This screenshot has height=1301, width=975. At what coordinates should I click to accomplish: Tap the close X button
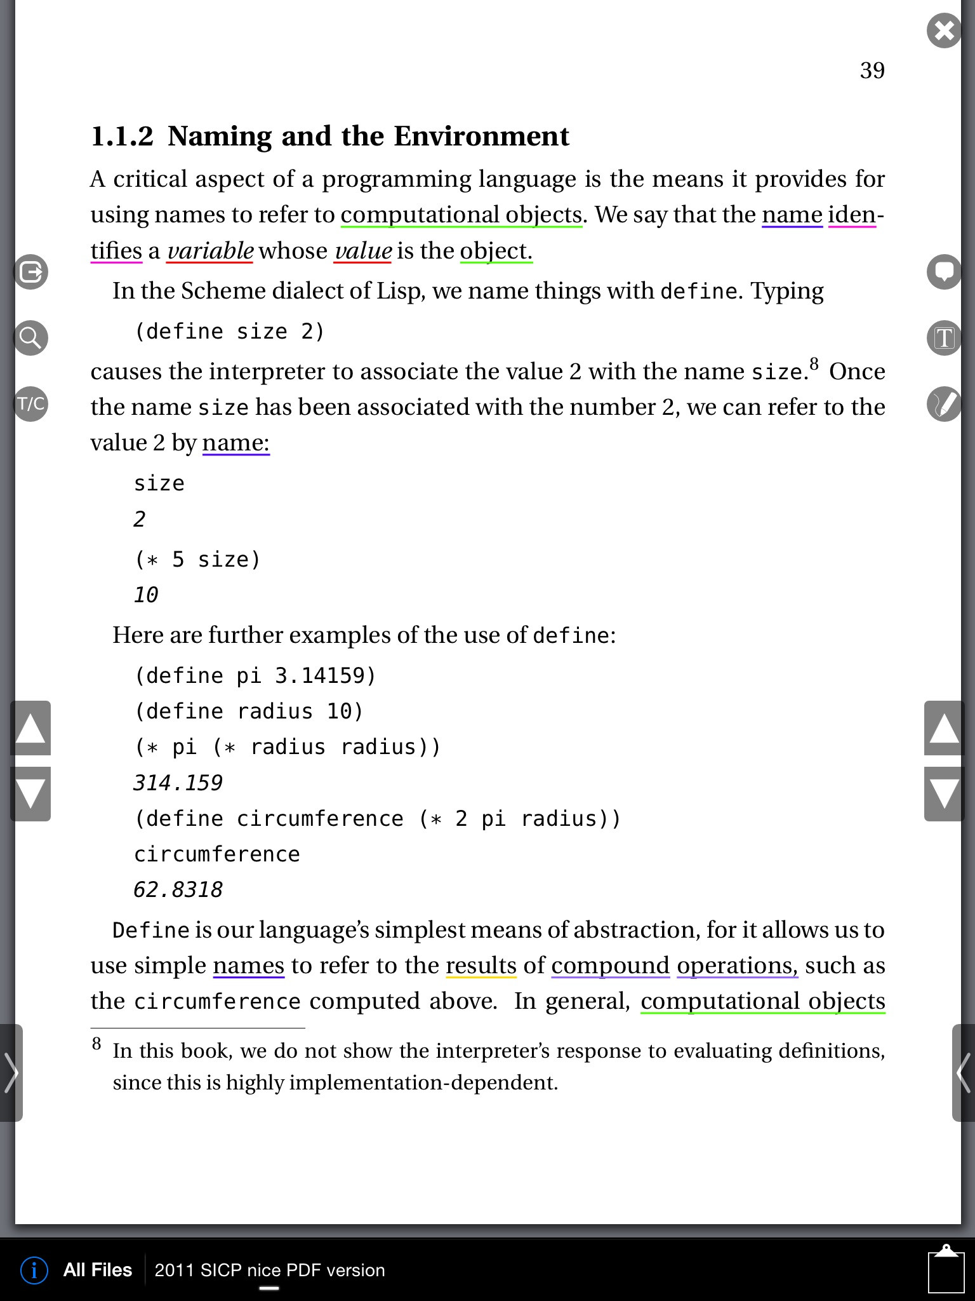pyautogui.click(x=944, y=30)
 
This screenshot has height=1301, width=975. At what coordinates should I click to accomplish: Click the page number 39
pyautogui.click(x=872, y=70)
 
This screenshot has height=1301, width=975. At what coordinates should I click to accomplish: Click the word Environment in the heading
pyautogui.click(x=481, y=136)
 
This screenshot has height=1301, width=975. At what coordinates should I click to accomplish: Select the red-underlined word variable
pyautogui.click(x=210, y=251)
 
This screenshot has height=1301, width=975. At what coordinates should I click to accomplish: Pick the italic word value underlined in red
pyautogui.click(x=363, y=251)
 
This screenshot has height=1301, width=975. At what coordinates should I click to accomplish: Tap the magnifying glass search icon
pyautogui.click(x=30, y=337)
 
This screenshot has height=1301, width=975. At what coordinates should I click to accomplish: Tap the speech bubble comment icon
pyautogui.click(x=944, y=272)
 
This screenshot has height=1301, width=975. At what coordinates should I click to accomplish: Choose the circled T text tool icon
pyautogui.click(x=944, y=337)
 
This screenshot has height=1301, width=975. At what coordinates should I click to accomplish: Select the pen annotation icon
pyautogui.click(x=944, y=403)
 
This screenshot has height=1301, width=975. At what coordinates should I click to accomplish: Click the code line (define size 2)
pyautogui.click(x=229, y=332)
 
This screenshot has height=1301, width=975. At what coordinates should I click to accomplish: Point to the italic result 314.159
pyautogui.click(x=178, y=783)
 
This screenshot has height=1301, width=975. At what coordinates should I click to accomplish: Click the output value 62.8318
pyautogui.click(x=178, y=889)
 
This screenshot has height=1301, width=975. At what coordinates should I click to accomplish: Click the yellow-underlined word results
pyautogui.click(x=481, y=966)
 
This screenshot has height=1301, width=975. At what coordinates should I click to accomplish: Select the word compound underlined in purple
pyautogui.click(x=610, y=966)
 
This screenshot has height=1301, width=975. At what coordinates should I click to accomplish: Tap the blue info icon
pyautogui.click(x=34, y=1270)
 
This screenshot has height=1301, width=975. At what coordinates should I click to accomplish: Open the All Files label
pyautogui.click(x=97, y=1270)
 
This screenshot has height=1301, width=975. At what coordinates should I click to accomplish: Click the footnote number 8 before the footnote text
pyautogui.click(x=96, y=1044)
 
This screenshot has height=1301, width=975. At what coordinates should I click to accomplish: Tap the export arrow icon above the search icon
pyautogui.click(x=30, y=272)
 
